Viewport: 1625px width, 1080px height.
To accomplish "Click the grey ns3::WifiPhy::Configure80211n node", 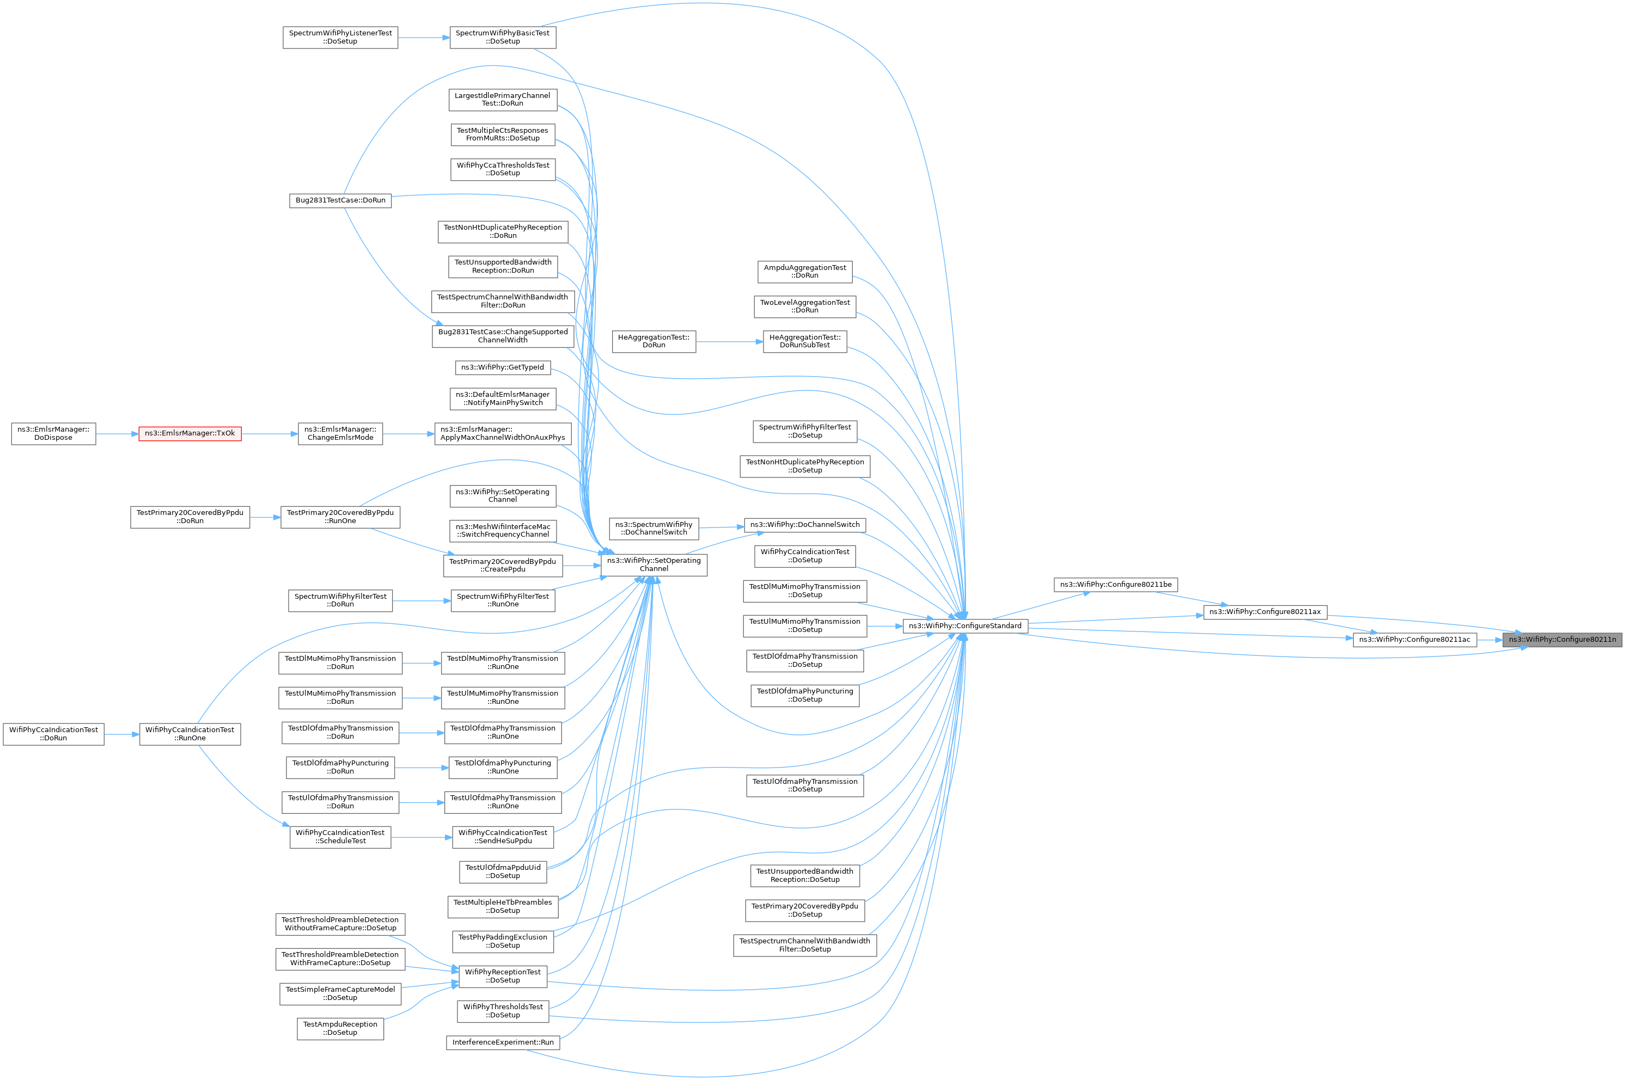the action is click(1562, 640).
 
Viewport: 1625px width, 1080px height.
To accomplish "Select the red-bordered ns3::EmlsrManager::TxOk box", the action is click(190, 434).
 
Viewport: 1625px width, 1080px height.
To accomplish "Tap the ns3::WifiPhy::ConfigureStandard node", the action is click(965, 626).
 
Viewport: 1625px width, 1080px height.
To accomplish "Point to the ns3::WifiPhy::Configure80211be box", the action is click(1115, 585).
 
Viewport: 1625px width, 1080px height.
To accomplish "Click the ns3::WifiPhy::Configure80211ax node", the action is click(1264, 612).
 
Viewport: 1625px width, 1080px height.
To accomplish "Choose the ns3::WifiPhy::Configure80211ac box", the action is click(1414, 640).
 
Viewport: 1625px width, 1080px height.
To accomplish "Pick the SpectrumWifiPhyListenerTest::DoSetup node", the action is click(340, 37).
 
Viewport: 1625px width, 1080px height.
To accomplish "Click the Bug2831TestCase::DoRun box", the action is click(340, 200).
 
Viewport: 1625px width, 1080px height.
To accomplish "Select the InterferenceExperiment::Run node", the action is click(503, 1043).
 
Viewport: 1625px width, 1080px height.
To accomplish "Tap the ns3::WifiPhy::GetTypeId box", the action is click(503, 368).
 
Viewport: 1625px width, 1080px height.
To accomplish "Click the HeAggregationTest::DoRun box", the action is click(653, 342).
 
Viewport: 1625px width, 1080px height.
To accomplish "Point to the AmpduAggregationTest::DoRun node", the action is click(804, 272).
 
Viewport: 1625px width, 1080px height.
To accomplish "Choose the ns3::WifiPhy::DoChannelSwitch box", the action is click(804, 525).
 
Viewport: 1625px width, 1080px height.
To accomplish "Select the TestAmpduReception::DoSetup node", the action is click(340, 1029).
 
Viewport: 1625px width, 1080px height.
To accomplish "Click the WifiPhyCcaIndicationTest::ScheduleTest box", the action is click(340, 838).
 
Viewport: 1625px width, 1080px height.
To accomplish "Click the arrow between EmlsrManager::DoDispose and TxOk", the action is click(117, 434).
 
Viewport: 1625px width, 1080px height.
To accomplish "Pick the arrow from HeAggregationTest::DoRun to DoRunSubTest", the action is click(730, 342).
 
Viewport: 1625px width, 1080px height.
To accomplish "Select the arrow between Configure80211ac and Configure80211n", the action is click(1489, 640).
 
